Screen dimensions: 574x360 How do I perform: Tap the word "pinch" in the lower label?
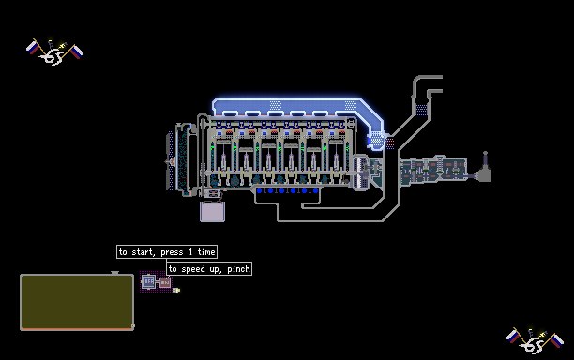pyautogui.click(x=238, y=269)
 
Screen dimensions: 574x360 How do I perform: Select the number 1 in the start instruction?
pyautogui.click(x=190, y=251)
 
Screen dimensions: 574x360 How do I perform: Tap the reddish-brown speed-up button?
pyautogui.click(x=165, y=282)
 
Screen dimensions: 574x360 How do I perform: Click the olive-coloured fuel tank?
pyautogui.click(x=77, y=302)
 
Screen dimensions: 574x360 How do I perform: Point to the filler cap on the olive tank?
pyautogui.click(x=115, y=273)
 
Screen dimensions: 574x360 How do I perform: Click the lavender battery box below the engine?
pyautogui.click(x=212, y=212)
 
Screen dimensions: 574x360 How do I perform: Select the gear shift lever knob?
pyautogui.click(x=486, y=154)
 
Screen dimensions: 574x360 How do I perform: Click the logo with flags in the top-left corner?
pyautogui.click(x=55, y=52)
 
